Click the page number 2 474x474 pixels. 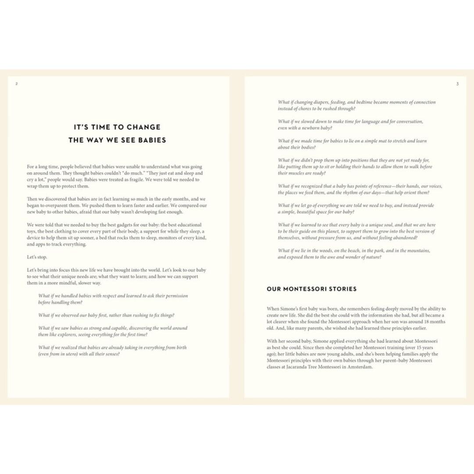(16, 84)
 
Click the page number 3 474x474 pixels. (457, 84)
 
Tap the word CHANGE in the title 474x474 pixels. (144, 127)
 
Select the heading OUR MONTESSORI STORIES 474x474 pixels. (312, 289)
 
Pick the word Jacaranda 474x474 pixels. (307, 367)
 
